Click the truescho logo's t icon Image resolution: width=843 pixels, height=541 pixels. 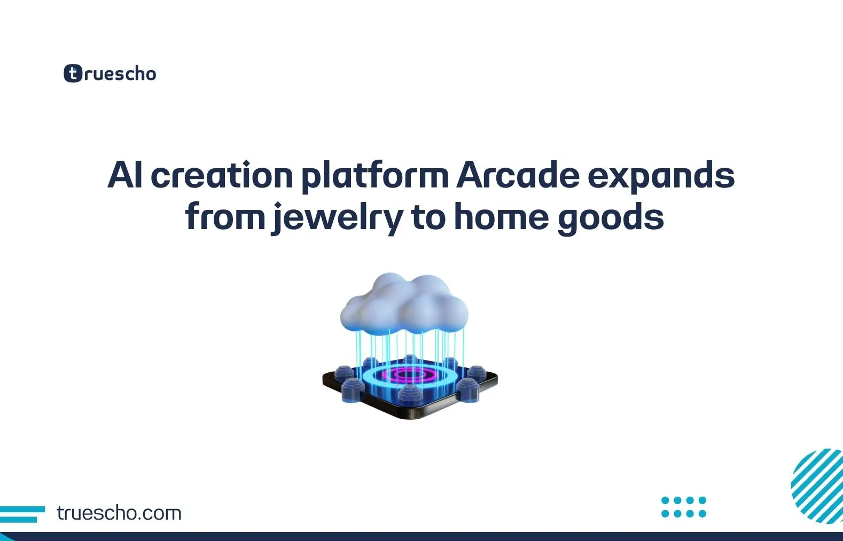73,73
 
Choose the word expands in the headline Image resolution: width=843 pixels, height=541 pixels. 661,176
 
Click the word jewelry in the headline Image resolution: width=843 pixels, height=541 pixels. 337,217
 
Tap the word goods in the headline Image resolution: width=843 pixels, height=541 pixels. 611,217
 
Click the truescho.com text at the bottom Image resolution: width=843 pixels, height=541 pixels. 119,513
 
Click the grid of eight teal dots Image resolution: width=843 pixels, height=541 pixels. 683,507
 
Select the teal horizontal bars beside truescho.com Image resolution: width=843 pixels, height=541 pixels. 21,514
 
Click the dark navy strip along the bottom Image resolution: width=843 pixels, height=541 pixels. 421,536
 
